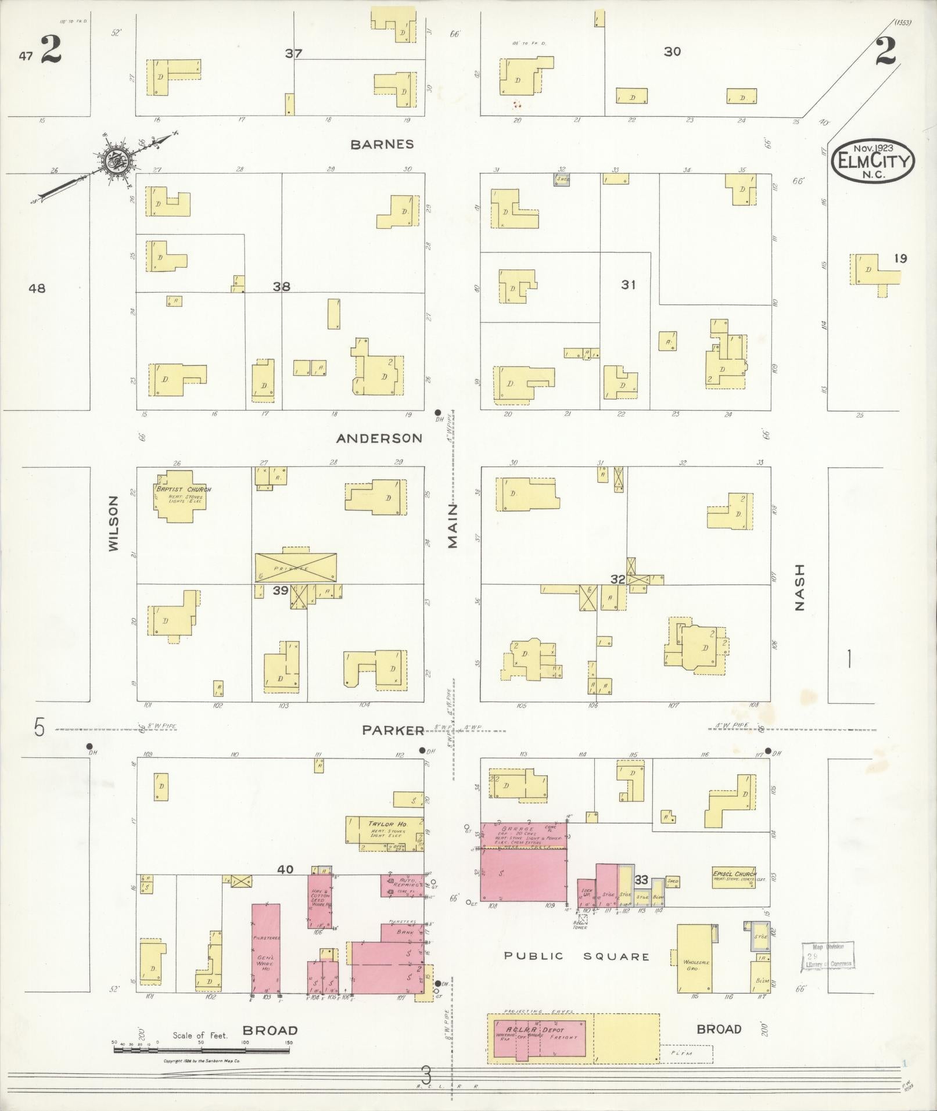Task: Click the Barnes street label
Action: [x=382, y=144]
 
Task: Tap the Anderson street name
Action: [x=379, y=438]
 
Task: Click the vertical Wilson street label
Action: [x=113, y=523]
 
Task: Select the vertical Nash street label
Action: [x=799, y=587]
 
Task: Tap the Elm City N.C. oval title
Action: [x=873, y=160]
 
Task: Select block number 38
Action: [x=282, y=286]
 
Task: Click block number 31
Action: [x=628, y=285]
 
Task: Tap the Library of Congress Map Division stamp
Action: [x=828, y=955]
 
